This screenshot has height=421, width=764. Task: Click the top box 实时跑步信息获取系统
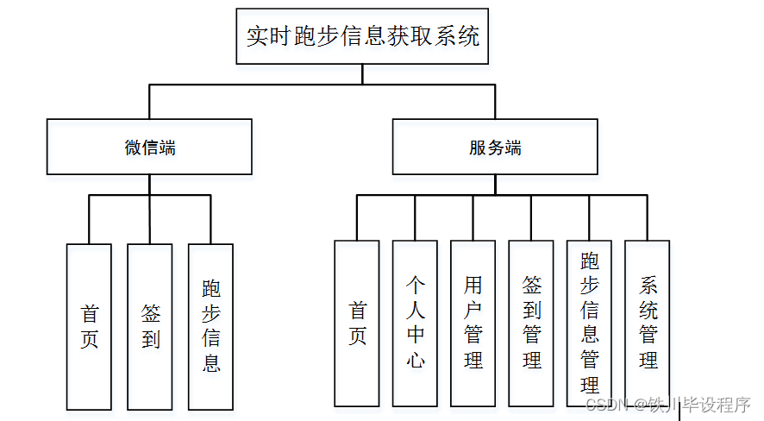click(x=362, y=36)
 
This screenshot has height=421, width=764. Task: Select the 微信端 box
click(x=149, y=147)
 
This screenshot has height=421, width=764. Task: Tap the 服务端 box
click(x=495, y=147)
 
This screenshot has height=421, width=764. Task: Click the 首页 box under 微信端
click(x=89, y=326)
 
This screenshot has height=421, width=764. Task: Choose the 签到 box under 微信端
click(x=150, y=326)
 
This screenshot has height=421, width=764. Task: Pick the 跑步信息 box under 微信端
click(x=211, y=326)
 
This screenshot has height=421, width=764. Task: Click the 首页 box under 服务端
click(x=357, y=323)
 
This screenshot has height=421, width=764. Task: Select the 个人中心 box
click(x=415, y=323)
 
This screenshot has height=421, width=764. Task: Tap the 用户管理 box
click(x=473, y=323)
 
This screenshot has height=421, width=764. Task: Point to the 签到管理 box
click(x=531, y=323)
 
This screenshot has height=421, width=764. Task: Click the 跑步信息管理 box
click(x=589, y=323)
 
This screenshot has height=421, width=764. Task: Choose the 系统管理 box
click(x=648, y=323)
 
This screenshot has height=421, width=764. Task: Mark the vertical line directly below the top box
click(x=362, y=74)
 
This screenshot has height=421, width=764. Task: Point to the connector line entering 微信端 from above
click(x=149, y=102)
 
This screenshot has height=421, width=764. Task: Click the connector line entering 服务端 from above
click(x=495, y=102)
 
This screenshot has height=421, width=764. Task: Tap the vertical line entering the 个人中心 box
click(x=415, y=217)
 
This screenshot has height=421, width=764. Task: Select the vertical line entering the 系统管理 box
click(x=648, y=217)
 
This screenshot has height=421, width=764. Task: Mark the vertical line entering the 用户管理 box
click(x=473, y=217)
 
